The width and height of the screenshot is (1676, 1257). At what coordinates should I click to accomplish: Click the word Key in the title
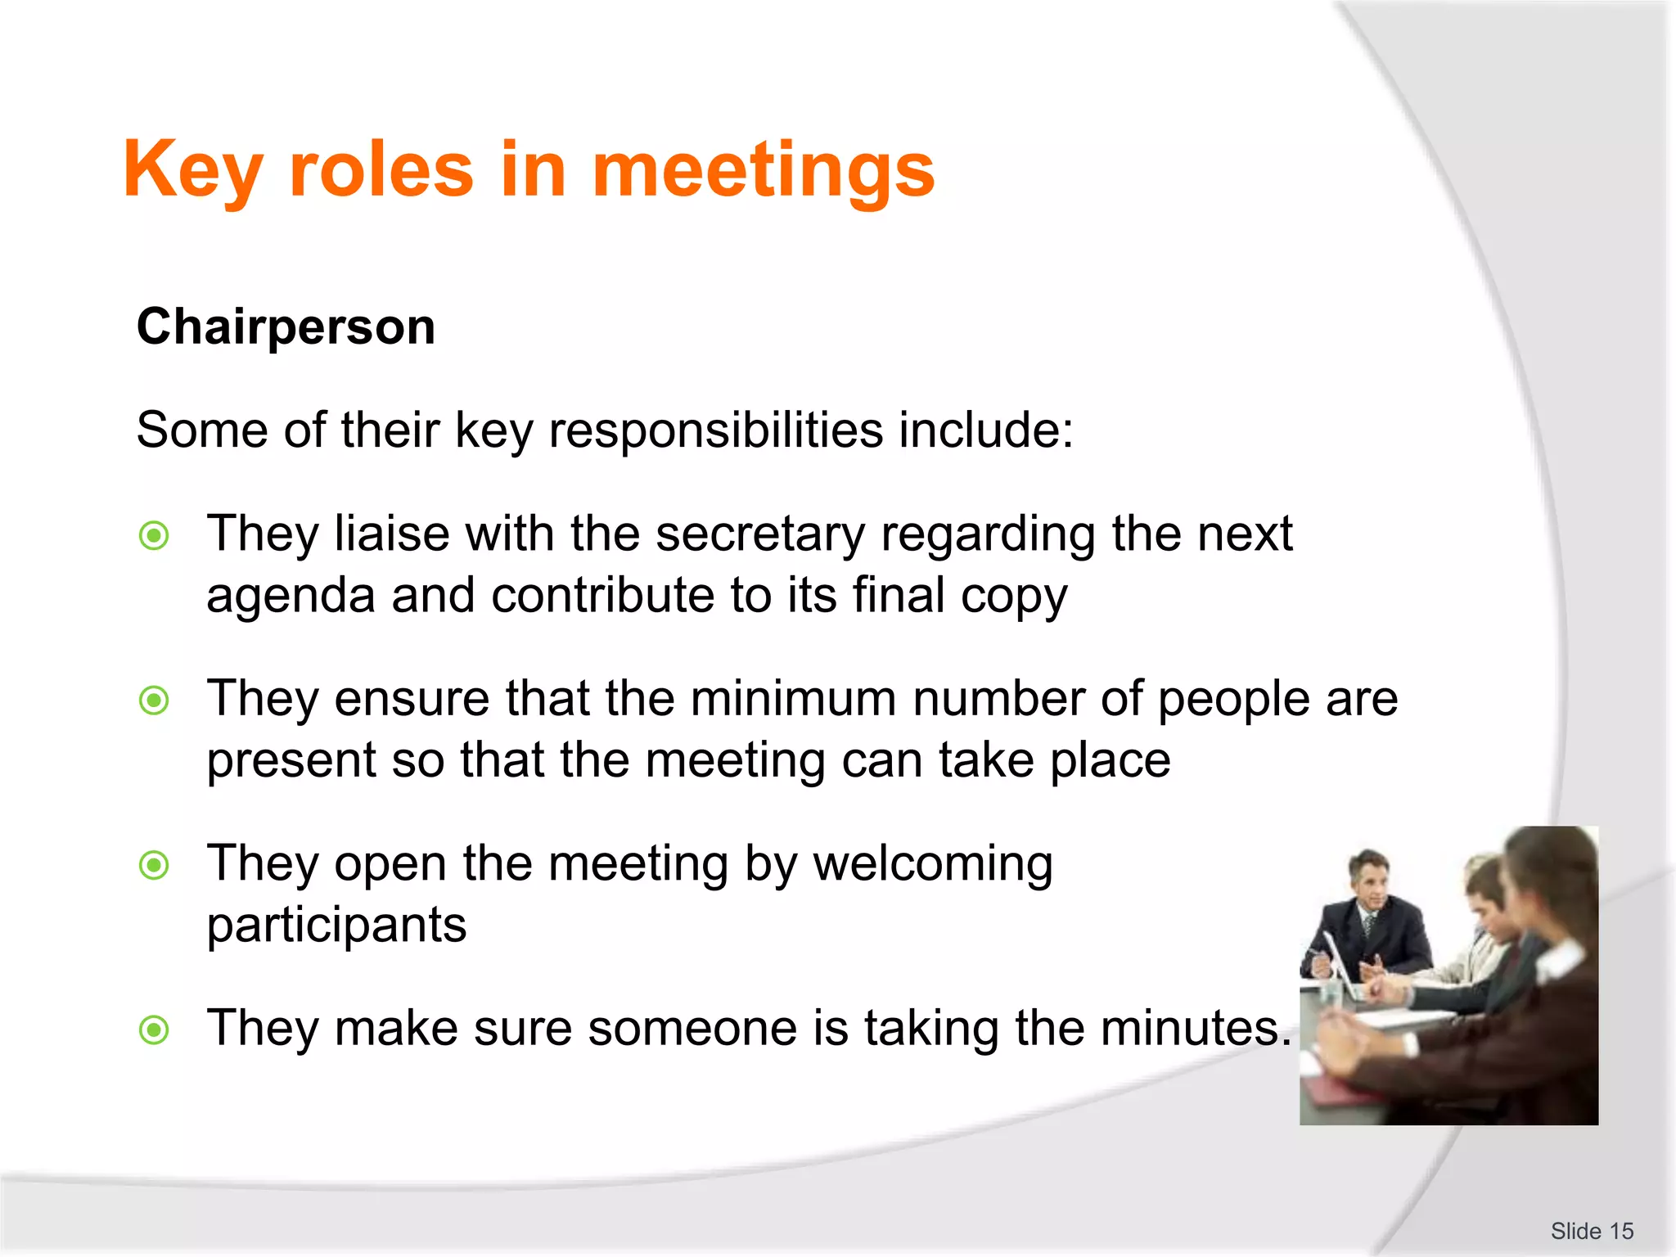[192, 169]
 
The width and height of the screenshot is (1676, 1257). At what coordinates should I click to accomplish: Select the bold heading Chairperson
[286, 327]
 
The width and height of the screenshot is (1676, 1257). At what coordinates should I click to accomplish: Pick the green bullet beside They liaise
[154, 536]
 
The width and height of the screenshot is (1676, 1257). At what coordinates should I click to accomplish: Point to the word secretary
[759, 534]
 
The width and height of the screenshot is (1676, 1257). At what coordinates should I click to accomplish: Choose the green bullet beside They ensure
[154, 701]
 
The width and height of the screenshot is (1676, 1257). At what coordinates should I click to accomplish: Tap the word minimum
[792, 699]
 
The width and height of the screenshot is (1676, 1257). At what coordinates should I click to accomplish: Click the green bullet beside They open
[154, 865]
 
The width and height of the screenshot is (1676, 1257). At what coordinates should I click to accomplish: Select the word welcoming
[932, 864]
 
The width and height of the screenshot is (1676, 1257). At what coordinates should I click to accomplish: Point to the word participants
[336, 926]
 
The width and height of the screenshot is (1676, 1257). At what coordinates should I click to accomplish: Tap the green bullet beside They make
[154, 1029]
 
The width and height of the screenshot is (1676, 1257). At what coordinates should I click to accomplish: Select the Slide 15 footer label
[1592, 1231]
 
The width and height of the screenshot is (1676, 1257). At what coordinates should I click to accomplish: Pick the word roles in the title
[381, 169]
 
